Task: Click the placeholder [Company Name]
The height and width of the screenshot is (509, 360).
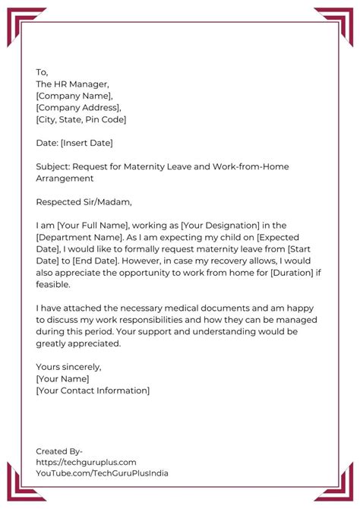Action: click(x=74, y=96)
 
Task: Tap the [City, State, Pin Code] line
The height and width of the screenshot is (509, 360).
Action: click(x=81, y=119)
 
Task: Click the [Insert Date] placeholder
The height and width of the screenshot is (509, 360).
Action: click(x=87, y=143)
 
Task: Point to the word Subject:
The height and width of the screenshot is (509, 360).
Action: click(x=55, y=166)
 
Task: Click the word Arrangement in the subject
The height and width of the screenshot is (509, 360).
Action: click(x=65, y=179)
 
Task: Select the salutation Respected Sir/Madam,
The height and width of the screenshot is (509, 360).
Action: click(x=84, y=202)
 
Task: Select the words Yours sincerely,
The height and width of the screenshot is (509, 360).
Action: click(x=68, y=367)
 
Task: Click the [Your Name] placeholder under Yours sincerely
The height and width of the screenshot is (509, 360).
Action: click(x=62, y=378)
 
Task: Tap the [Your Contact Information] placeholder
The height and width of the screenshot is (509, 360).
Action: click(x=93, y=390)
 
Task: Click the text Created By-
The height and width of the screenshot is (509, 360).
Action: click(x=59, y=450)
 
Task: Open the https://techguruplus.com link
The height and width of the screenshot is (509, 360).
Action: click(x=86, y=461)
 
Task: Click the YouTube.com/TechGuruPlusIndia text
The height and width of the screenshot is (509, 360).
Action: click(x=102, y=473)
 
